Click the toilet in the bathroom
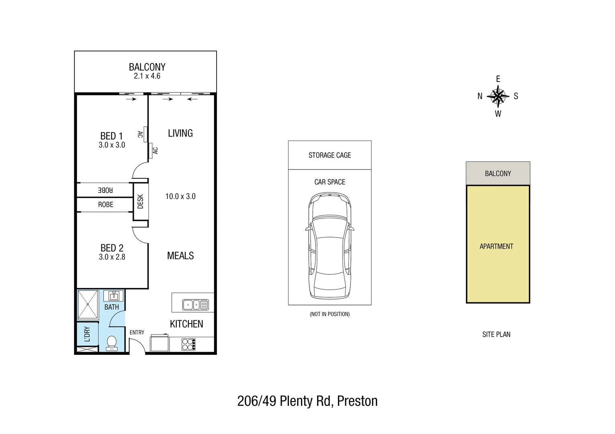tap(111, 343)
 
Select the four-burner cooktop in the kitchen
tap(188, 344)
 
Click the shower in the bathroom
tap(88, 305)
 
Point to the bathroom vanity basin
tap(114, 296)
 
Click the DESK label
tap(140, 201)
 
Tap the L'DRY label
tap(87, 334)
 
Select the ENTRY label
tap(137, 332)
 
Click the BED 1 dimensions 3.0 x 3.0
tap(112, 145)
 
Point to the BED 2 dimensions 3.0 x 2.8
tap(112, 257)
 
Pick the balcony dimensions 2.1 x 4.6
tap(147, 76)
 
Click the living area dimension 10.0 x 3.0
tap(180, 197)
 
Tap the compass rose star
tap(498, 96)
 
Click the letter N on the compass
tap(480, 96)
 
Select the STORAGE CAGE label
tap(330, 155)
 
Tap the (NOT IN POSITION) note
tap(330, 314)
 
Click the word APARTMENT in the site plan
tap(496, 246)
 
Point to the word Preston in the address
tap(357, 401)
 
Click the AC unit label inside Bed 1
tap(140, 134)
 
